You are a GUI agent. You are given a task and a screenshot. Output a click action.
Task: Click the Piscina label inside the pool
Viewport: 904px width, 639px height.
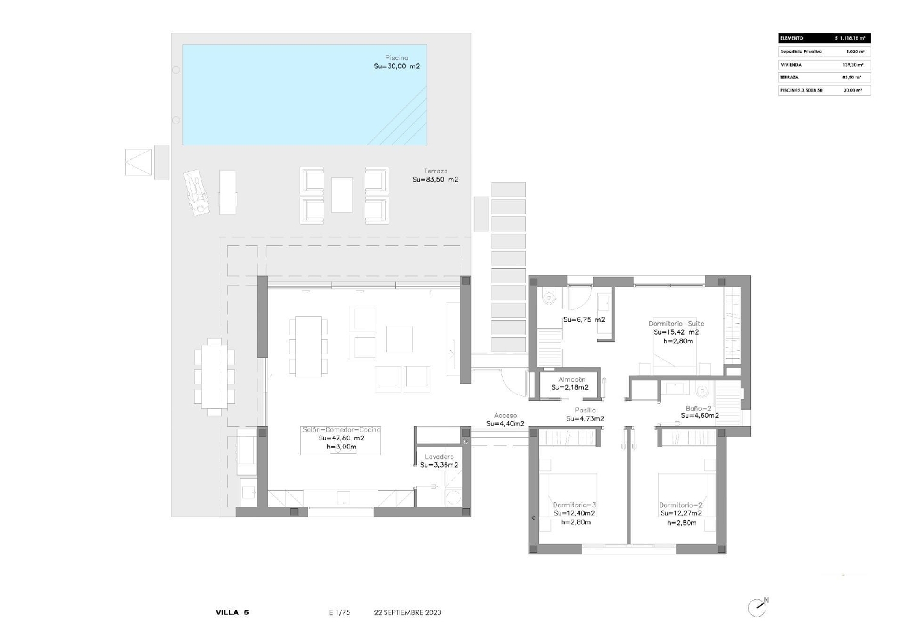[397, 58]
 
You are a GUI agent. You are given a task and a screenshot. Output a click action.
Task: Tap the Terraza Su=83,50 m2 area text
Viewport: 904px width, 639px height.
[435, 180]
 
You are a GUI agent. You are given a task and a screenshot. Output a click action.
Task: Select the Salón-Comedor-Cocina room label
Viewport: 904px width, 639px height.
[341, 430]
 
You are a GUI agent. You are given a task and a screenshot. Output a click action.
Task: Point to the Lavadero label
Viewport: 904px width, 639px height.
[439, 457]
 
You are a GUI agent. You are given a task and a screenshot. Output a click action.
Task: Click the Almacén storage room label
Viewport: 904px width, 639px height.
[571, 380]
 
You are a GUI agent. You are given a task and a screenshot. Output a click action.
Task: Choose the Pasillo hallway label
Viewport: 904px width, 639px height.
[585, 411]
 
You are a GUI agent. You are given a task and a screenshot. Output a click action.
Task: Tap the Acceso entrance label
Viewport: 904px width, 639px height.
[505, 415]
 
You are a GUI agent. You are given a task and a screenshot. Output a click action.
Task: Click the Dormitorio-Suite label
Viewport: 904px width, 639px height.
[676, 324]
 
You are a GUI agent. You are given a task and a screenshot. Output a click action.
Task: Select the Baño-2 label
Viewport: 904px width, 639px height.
[698, 408]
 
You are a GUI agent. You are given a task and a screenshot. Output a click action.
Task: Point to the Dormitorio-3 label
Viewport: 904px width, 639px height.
[574, 505]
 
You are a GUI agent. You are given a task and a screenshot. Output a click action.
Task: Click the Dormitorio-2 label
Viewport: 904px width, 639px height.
[680, 505]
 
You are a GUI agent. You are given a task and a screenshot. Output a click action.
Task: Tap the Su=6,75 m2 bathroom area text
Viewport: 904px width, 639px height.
[584, 320]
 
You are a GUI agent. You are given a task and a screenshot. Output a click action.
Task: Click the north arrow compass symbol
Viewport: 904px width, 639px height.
[758, 607]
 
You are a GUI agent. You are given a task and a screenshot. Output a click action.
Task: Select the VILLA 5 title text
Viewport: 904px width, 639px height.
[232, 612]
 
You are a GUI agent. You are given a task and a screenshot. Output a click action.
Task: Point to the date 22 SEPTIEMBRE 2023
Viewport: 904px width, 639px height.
[407, 612]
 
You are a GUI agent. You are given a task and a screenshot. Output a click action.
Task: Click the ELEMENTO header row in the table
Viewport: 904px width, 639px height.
[824, 38]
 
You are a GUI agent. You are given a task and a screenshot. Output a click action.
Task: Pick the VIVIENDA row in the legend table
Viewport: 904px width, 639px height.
[824, 65]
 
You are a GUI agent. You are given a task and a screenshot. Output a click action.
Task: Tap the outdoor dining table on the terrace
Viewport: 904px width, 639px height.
[214, 377]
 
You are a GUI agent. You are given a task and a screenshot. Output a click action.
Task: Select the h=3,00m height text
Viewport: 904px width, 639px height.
[341, 447]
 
